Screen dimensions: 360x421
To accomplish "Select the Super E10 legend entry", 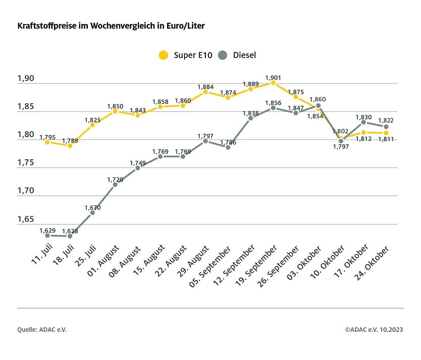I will [x=181, y=55].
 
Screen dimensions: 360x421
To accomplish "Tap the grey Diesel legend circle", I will [x=223, y=55].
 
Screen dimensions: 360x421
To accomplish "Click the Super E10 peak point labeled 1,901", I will [x=273, y=82].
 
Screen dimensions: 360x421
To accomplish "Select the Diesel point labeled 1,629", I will [x=47, y=235].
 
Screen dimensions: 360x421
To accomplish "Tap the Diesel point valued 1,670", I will [x=92, y=212].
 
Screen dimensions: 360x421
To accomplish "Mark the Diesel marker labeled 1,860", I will [x=318, y=105].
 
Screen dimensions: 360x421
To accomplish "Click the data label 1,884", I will [x=205, y=87].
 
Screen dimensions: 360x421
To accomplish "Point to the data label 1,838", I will [x=250, y=113].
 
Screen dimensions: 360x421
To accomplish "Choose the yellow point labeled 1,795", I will [x=47, y=142].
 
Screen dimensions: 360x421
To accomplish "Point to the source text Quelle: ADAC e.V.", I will [x=42, y=329].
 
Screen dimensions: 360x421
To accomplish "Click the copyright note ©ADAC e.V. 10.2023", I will [x=374, y=329].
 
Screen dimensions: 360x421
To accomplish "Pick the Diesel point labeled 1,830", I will [x=363, y=122].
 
